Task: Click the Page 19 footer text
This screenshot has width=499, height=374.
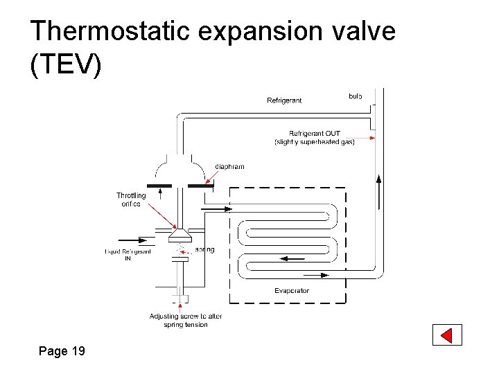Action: pos(62,351)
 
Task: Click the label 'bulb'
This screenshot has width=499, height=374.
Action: pos(355,96)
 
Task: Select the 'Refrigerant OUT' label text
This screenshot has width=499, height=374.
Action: pos(315,134)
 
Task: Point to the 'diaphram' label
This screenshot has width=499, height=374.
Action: pos(229,166)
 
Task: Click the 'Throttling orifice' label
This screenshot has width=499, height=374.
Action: pos(131,199)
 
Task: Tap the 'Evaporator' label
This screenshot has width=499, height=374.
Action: pos(292,290)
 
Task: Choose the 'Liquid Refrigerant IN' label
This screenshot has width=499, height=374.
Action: pos(128,254)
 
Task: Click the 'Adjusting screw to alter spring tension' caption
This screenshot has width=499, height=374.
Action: pos(186,320)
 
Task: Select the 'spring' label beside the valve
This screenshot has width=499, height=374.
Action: pos(204,249)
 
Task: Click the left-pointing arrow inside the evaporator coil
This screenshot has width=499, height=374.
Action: pos(291,258)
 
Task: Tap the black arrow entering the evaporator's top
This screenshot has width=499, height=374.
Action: pos(220,207)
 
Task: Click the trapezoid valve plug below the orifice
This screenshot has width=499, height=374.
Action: pos(180,236)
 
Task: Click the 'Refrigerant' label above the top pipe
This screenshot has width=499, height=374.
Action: pos(284,100)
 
